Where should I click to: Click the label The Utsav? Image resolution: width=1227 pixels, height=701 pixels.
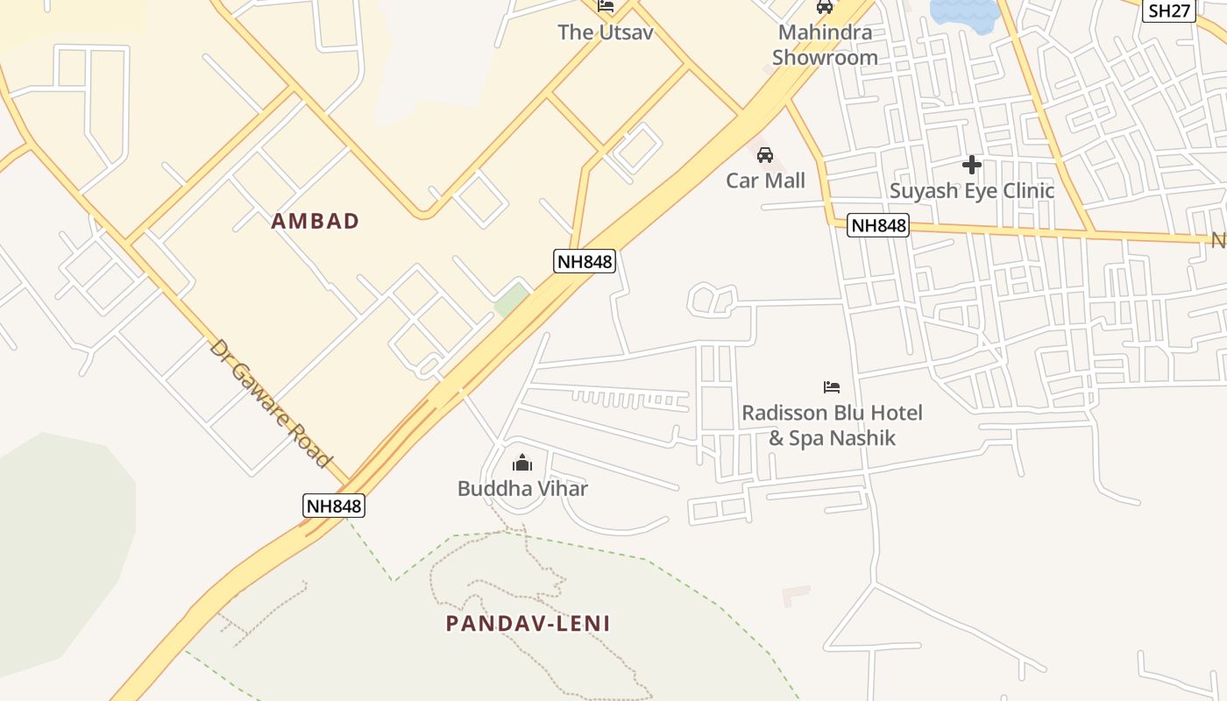[606, 32]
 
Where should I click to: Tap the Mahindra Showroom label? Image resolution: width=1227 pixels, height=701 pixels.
[825, 46]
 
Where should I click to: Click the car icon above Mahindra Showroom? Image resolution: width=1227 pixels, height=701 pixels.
[824, 7]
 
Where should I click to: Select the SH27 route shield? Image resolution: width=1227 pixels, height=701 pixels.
[1170, 11]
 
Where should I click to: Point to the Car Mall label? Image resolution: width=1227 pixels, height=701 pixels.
[765, 181]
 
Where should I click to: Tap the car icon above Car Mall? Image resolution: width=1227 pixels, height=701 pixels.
[765, 156]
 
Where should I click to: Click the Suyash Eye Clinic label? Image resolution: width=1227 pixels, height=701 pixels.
[972, 190]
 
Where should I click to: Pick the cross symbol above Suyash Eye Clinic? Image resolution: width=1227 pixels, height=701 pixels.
[971, 165]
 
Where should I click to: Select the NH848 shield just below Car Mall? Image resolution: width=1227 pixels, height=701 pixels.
[878, 225]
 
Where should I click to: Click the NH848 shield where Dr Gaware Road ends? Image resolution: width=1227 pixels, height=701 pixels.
[333, 506]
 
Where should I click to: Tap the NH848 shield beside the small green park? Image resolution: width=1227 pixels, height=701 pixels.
[585, 260]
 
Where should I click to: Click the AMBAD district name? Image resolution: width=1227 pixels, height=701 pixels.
[316, 221]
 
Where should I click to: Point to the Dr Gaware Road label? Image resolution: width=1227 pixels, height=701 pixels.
[271, 404]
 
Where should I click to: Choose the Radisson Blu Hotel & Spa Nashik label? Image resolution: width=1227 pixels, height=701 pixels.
[832, 425]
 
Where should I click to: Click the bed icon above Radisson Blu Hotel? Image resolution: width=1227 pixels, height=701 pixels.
[831, 386]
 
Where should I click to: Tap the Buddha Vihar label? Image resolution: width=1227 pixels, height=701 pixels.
[522, 488]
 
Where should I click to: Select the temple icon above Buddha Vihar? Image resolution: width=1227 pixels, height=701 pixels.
[522, 463]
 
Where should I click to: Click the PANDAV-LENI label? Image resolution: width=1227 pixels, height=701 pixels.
[528, 624]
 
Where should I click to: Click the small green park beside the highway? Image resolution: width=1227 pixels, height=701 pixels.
[511, 301]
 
